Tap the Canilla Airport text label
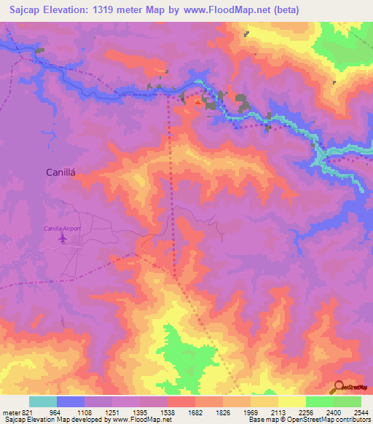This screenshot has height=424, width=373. (x=63, y=229)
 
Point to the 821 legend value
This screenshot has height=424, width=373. (x=25, y=412)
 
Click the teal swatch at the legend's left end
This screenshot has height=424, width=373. (x=43, y=401)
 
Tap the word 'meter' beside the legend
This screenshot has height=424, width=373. (x=9, y=412)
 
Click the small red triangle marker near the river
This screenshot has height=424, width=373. (x=198, y=102)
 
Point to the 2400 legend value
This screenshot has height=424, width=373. (x=334, y=412)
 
